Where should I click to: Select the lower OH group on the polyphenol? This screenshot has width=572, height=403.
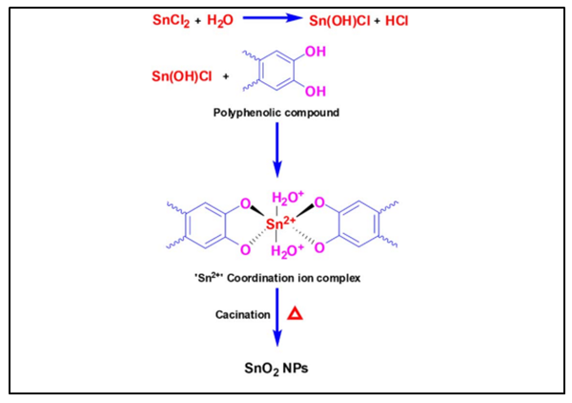click(316, 92)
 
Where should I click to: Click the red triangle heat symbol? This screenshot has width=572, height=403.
click(296, 313)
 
